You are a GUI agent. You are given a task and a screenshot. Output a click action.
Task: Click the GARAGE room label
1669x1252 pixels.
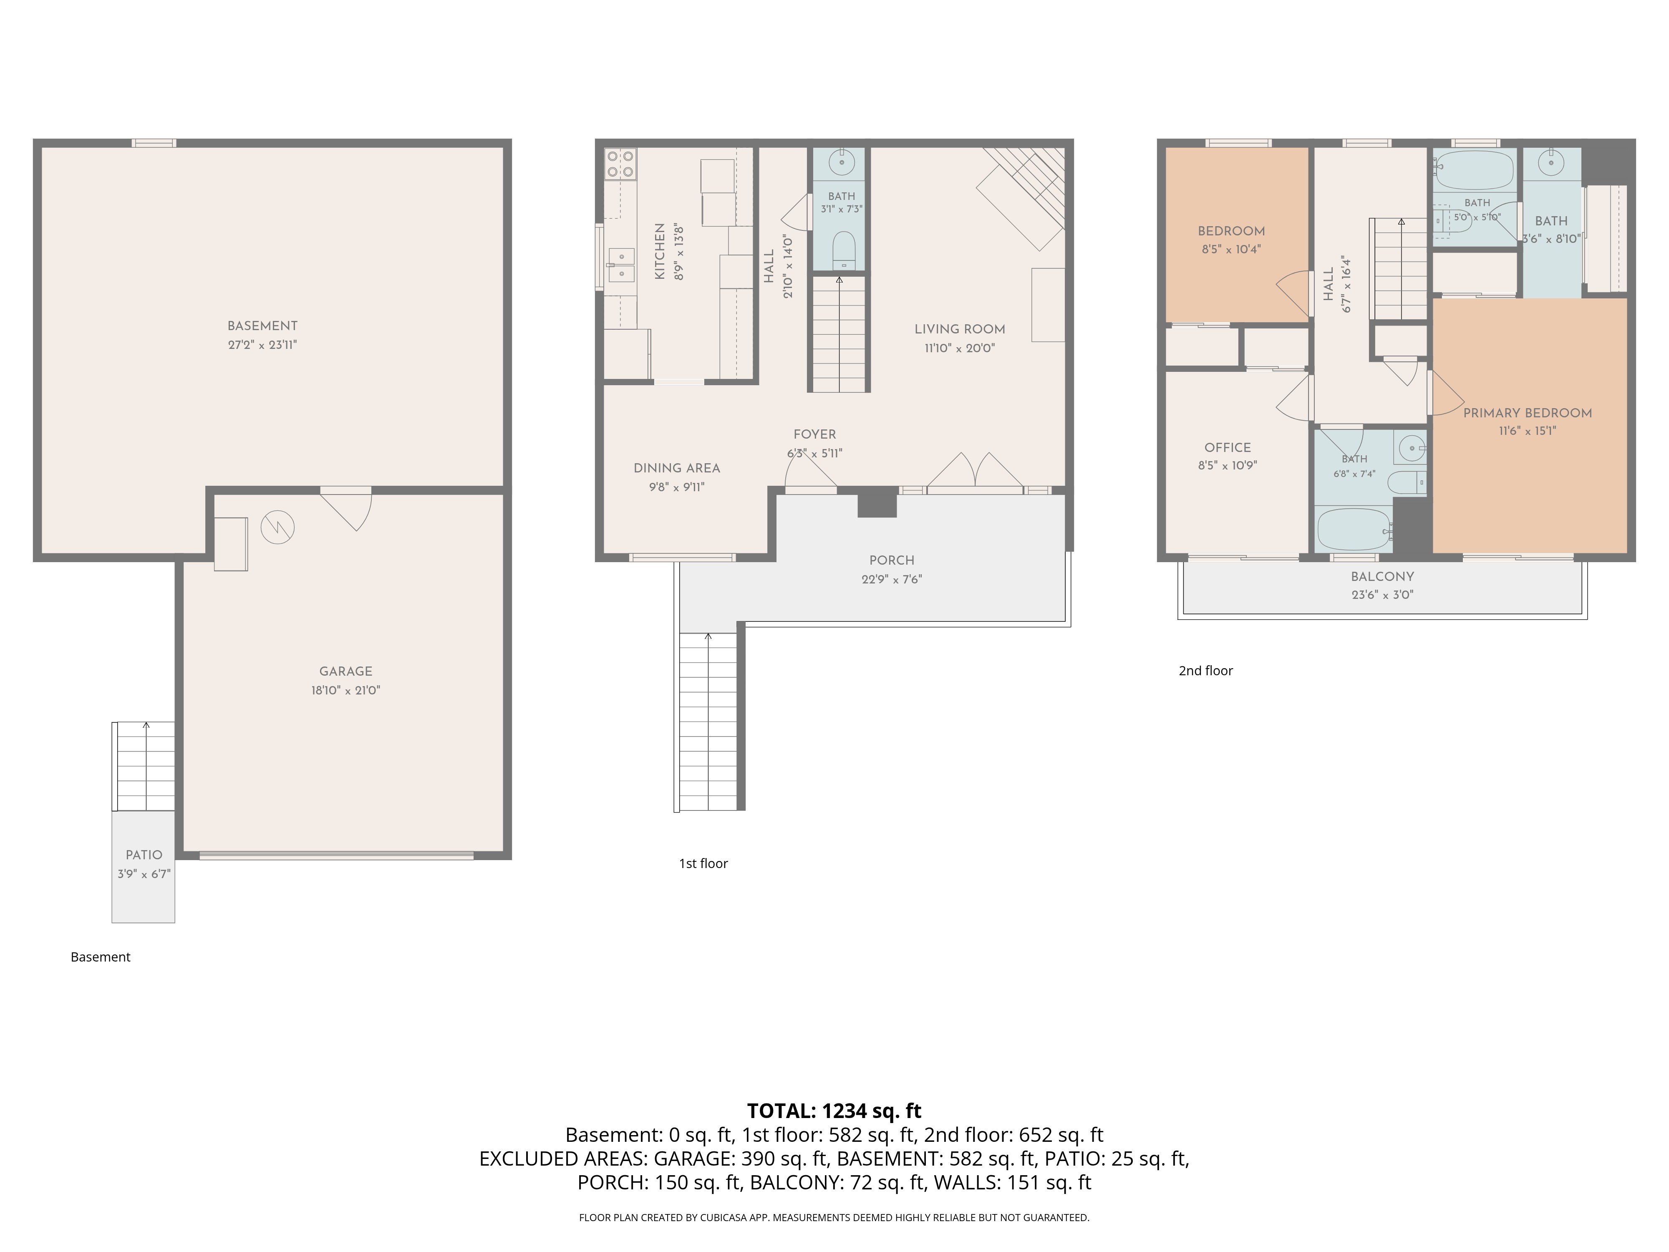[345, 671]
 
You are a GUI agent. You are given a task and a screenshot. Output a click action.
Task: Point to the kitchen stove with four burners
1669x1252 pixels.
[620, 164]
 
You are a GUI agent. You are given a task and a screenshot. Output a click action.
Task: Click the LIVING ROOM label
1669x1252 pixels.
[960, 329]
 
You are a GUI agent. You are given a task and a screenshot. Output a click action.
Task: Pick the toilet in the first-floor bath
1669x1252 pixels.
[843, 250]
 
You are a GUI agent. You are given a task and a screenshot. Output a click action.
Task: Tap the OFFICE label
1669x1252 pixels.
[1228, 447]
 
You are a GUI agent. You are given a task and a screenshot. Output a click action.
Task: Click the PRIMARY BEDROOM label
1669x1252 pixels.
[1528, 413]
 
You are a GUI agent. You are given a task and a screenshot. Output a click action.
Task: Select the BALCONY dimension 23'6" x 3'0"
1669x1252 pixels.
[1382, 595]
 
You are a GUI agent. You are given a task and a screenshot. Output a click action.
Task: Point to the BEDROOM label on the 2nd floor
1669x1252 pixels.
[1231, 231]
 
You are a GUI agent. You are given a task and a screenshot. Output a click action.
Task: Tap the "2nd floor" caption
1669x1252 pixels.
[1206, 670]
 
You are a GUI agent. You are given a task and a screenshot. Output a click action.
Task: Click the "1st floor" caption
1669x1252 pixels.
[703, 863]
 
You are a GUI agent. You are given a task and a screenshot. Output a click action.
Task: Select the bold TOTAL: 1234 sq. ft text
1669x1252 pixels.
[834, 1111]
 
